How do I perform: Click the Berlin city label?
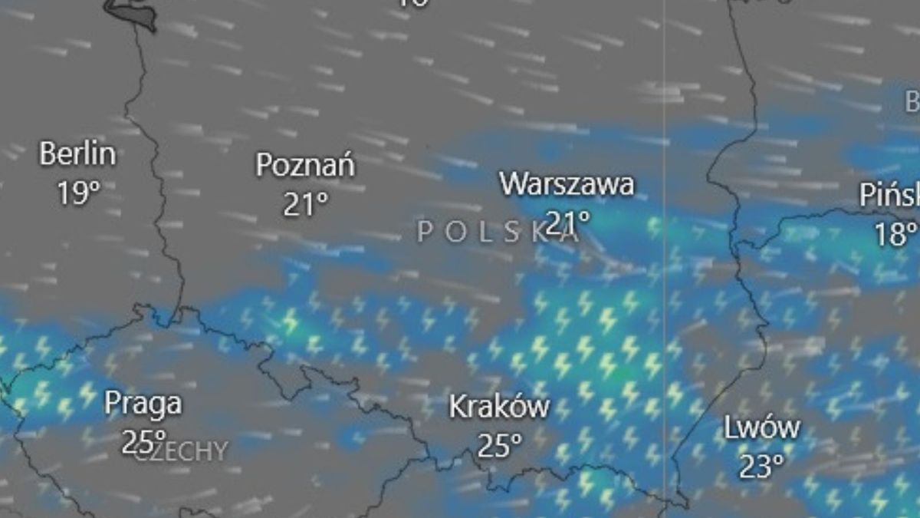pyautogui.click(x=77, y=154)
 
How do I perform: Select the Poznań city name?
pyautogui.click(x=304, y=165)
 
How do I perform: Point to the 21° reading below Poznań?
pyautogui.click(x=305, y=204)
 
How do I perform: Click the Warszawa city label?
pyautogui.click(x=567, y=184)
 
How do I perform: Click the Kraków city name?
pyautogui.click(x=499, y=407)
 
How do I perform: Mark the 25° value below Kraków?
pyautogui.click(x=500, y=444)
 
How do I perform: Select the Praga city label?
pyautogui.click(x=143, y=403)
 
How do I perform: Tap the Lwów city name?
pyautogui.click(x=762, y=428)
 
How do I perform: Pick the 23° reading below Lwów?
pyautogui.click(x=762, y=466)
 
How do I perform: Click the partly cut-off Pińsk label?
pyautogui.click(x=889, y=196)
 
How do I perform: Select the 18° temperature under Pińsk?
pyautogui.click(x=895, y=233)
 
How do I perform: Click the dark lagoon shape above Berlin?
pyautogui.click(x=130, y=12)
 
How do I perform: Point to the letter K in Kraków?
pyautogui.click(x=457, y=407)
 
